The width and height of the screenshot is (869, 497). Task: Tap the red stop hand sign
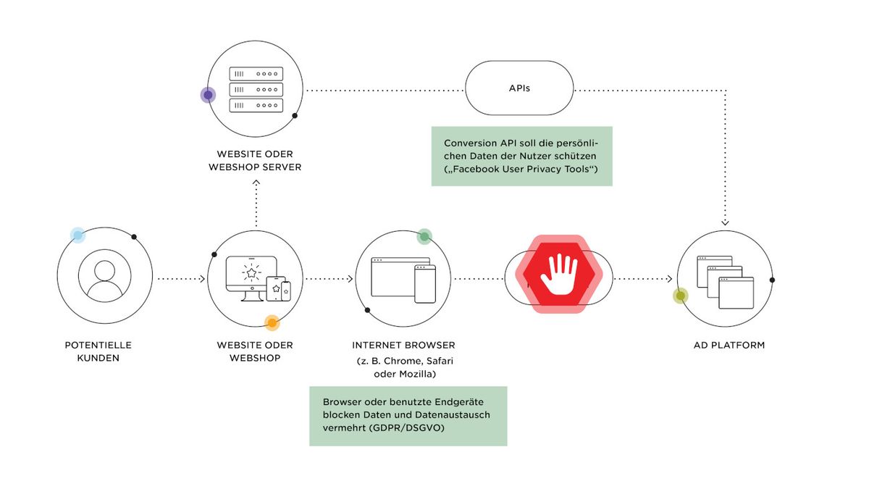pyautogui.click(x=559, y=274)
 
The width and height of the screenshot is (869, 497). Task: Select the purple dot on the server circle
pyautogui.click(x=208, y=95)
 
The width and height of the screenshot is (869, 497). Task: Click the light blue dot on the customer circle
pyautogui.click(x=77, y=235)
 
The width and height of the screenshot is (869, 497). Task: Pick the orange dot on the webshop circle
pyautogui.click(x=272, y=323)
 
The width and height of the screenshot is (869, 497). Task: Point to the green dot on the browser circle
pyautogui.click(x=424, y=236)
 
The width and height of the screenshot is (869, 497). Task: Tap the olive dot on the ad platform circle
pyautogui.click(x=681, y=296)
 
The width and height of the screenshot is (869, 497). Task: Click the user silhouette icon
pyautogui.click(x=105, y=276)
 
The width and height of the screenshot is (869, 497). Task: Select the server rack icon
pyautogui.click(x=256, y=90)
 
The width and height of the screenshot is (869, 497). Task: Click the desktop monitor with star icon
pyautogui.click(x=252, y=278)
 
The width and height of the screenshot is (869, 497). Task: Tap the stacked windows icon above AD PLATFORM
pyautogui.click(x=725, y=282)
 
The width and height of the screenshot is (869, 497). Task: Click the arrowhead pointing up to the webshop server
pyautogui.click(x=256, y=183)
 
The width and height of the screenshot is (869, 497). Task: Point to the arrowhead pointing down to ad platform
pyautogui.click(x=725, y=222)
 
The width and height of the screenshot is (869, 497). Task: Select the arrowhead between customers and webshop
pyautogui.click(x=202, y=279)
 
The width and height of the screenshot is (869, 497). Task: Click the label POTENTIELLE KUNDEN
pyautogui.click(x=98, y=351)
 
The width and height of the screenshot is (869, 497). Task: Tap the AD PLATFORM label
pyautogui.click(x=729, y=345)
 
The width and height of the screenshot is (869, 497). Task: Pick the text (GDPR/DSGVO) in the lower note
pyautogui.click(x=406, y=428)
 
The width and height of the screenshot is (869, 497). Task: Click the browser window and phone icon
pyautogui.click(x=403, y=280)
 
